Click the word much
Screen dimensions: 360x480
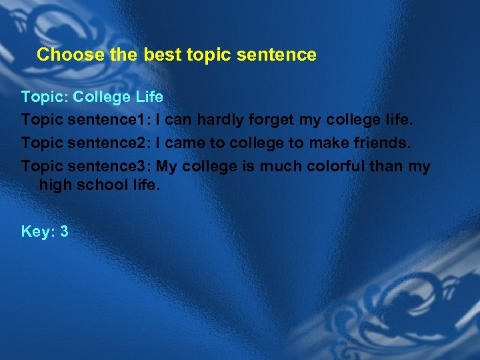pos(281,166)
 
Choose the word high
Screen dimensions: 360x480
pos(54,184)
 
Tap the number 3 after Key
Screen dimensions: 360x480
pos(64,231)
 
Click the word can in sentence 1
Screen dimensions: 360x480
pos(177,120)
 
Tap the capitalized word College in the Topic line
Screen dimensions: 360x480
pos(102,97)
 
